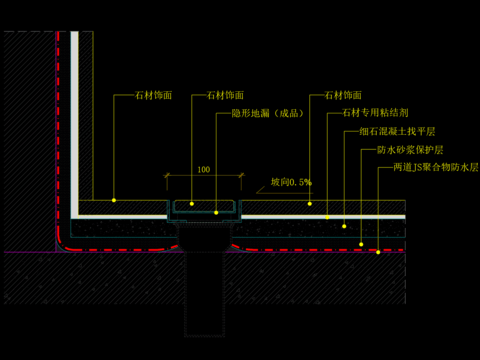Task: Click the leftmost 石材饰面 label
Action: pyautogui.click(x=154, y=96)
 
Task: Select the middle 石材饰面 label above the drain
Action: pyautogui.click(x=225, y=96)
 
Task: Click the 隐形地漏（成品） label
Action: pyautogui.click(x=267, y=114)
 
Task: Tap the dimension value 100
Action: pyautogui.click(x=204, y=170)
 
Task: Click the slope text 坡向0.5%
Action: pyautogui.click(x=291, y=183)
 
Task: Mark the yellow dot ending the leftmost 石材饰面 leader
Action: pyautogui.click(x=114, y=200)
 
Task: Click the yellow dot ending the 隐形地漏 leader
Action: pyautogui.click(x=216, y=212)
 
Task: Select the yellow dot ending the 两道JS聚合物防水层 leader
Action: pyautogui.click(x=378, y=252)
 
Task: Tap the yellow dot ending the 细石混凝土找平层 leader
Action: pyautogui.click(x=344, y=227)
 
